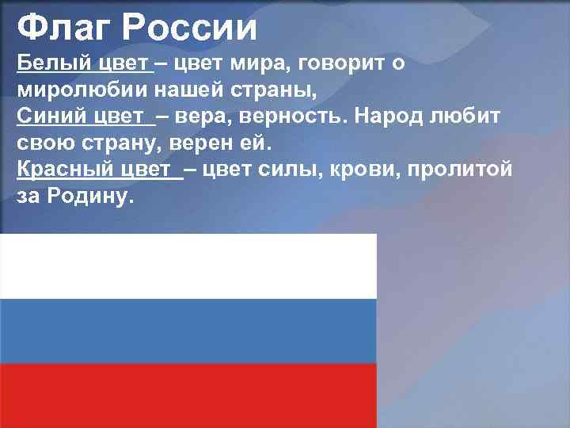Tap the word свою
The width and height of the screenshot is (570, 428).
44,143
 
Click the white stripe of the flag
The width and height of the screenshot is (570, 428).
188,266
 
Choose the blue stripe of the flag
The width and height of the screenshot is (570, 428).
188,331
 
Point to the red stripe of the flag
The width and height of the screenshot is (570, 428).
188,396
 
